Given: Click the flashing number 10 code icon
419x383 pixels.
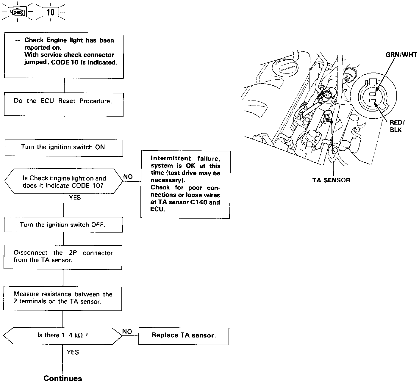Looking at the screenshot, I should [x=50, y=12].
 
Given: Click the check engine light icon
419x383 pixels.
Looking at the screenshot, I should [x=18, y=12].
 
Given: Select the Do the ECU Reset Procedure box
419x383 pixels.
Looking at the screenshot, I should [x=64, y=104].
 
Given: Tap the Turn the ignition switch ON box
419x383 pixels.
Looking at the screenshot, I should [x=64, y=147].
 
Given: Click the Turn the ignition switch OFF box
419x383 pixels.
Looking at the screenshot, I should [x=63, y=225].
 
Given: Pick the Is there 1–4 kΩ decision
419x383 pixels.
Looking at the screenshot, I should [x=62, y=336].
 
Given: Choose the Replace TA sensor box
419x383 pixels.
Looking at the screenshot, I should [x=184, y=336].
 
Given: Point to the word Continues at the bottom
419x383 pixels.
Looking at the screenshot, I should [x=62, y=378].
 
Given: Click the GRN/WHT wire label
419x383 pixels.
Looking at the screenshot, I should [x=401, y=55].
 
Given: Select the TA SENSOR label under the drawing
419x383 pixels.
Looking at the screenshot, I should [x=331, y=180].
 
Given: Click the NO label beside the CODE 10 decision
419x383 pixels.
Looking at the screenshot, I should [x=128, y=177].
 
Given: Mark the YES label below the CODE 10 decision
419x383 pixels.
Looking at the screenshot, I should [x=75, y=198].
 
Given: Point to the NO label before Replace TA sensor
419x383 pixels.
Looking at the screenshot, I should [x=127, y=332].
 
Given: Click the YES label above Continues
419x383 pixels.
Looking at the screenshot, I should [x=73, y=352].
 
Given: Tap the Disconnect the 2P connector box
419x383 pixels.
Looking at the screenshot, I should [x=63, y=257].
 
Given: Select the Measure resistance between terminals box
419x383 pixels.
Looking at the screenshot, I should [x=62, y=298].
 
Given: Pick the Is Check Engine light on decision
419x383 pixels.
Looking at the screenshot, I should [x=64, y=182].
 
